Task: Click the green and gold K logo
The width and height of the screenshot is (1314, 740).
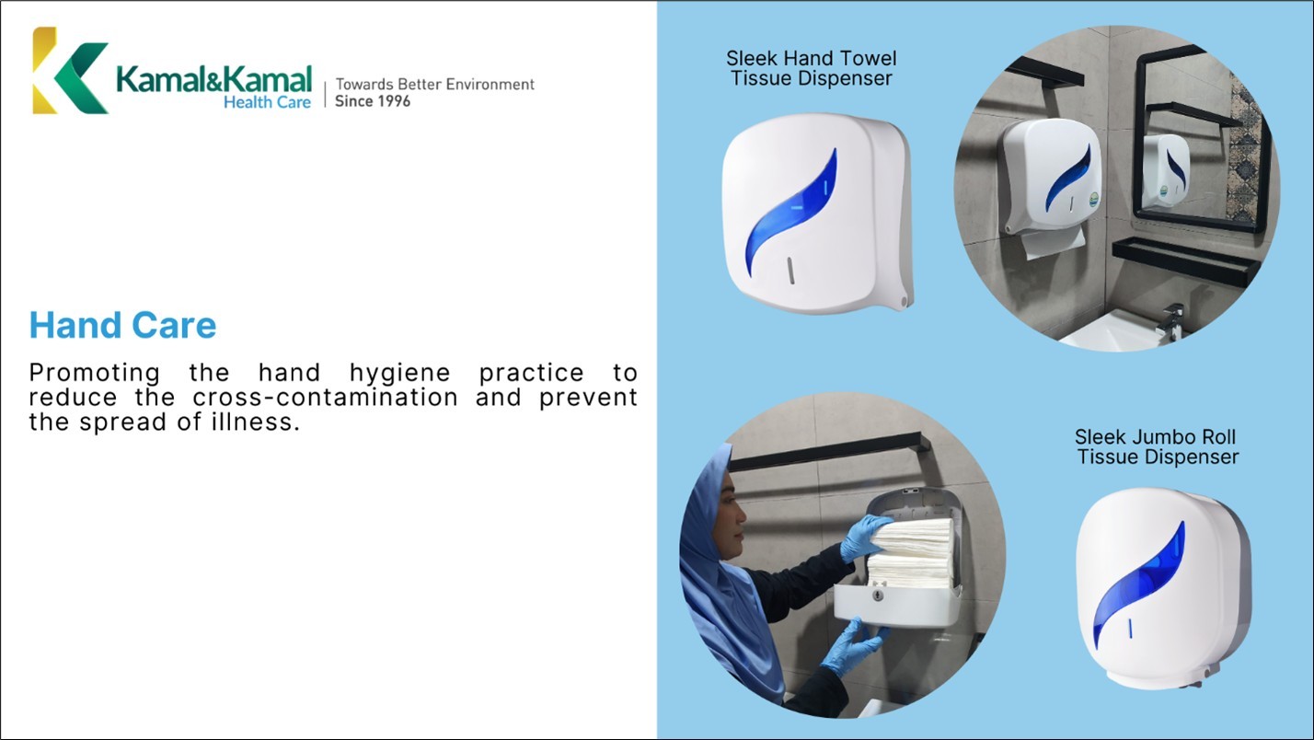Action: (x=69, y=71)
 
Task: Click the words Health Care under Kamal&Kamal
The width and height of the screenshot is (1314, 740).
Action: (x=267, y=102)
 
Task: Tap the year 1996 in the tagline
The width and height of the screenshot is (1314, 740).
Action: (x=394, y=101)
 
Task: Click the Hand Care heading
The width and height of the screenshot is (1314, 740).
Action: (x=122, y=325)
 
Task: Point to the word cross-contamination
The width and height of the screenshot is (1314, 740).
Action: (x=325, y=398)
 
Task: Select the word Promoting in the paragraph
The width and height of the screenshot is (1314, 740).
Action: (x=95, y=374)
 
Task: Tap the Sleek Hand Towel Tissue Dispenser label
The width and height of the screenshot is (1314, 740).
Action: (x=812, y=68)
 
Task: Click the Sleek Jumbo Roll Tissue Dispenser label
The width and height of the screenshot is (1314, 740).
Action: (x=1157, y=446)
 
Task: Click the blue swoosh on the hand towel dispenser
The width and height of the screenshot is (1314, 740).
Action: (x=790, y=213)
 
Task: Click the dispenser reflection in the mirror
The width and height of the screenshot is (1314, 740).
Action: (x=1166, y=170)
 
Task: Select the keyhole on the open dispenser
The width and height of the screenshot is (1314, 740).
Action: (x=878, y=595)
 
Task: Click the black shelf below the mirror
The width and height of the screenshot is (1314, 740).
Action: (x=1185, y=261)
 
